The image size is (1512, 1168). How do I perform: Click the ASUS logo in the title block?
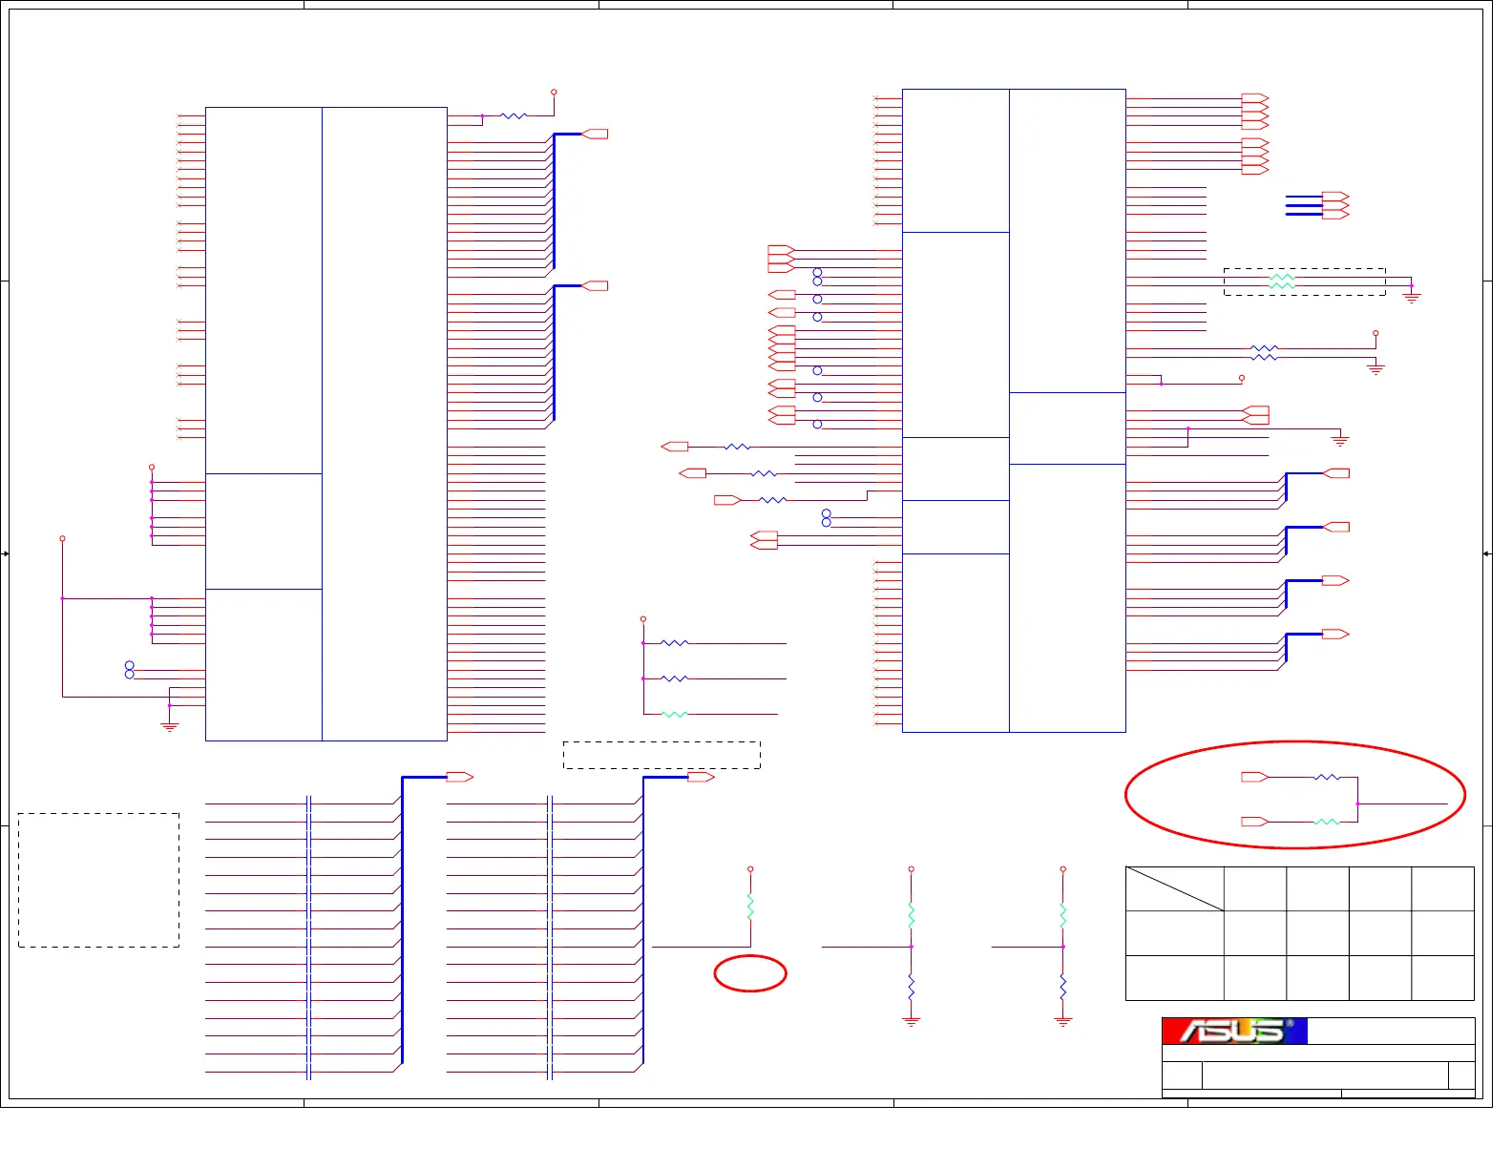(x=1234, y=1031)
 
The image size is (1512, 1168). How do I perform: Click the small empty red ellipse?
(x=750, y=973)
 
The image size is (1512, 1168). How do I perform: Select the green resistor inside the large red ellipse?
(x=1327, y=822)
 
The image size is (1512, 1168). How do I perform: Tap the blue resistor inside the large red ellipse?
(x=1327, y=778)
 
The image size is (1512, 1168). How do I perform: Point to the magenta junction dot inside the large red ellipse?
(x=1357, y=804)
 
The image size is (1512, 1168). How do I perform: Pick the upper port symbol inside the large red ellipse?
(x=1254, y=777)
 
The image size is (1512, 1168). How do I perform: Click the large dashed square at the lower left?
(x=98, y=880)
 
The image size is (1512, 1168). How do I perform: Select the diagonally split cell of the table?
(x=1175, y=889)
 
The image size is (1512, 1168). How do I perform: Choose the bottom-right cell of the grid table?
(x=1442, y=977)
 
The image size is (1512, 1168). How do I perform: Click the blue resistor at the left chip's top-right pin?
(x=514, y=116)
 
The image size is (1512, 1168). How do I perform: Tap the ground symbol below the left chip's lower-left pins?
(x=170, y=726)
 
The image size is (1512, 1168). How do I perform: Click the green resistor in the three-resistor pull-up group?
(x=674, y=714)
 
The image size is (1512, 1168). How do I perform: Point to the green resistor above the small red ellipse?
(x=750, y=907)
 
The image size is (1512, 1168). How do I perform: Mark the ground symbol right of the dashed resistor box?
(x=1412, y=297)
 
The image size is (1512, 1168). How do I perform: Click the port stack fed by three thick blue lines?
(x=1335, y=205)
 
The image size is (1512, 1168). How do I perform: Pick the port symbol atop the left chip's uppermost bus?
(x=595, y=135)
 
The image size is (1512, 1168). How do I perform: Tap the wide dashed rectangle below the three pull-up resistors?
(x=661, y=755)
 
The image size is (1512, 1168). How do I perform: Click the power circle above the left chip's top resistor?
(x=554, y=93)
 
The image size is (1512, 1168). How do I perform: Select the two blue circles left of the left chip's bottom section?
(x=130, y=670)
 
